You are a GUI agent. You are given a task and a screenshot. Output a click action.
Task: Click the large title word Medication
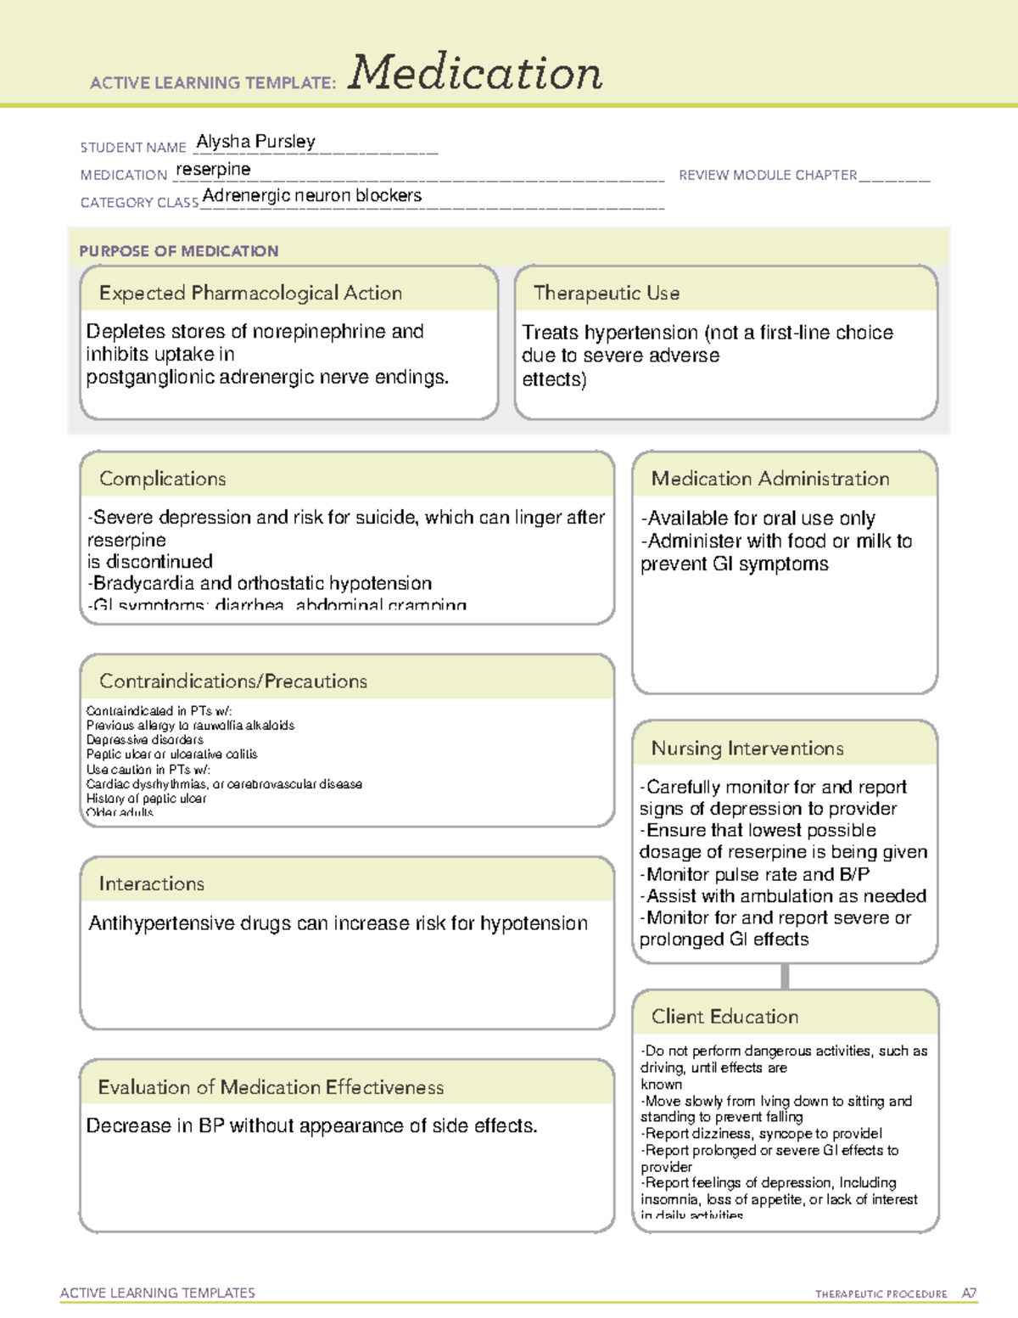474,73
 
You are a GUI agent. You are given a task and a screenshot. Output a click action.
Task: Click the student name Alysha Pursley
255,142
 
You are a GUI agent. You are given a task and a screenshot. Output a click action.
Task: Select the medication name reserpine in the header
213,170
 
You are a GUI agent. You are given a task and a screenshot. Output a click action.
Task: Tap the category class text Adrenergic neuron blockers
311,196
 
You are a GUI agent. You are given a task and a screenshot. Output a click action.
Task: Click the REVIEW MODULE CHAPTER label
768,175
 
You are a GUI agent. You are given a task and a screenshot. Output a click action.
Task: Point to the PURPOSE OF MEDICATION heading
179,251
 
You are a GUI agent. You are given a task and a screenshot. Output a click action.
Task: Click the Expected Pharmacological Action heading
250,294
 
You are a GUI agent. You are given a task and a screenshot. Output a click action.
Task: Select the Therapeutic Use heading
606,294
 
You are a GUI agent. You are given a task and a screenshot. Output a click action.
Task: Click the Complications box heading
162,480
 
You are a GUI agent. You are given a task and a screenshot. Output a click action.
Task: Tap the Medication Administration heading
769,480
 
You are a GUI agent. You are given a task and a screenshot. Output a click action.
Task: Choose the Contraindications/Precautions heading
232,681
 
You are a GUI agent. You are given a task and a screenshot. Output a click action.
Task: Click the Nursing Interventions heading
747,749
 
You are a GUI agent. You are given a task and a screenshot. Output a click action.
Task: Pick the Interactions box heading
151,884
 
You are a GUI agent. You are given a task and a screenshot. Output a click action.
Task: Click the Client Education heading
724,1017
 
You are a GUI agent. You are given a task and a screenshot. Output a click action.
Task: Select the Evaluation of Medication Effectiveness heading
271,1088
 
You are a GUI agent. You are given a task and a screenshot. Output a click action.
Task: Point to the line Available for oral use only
758,519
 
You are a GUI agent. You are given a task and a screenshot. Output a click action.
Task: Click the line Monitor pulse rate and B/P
754,875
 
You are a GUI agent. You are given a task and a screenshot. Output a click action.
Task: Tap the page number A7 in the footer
968,1293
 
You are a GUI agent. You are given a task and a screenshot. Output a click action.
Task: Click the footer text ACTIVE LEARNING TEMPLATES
158,1293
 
